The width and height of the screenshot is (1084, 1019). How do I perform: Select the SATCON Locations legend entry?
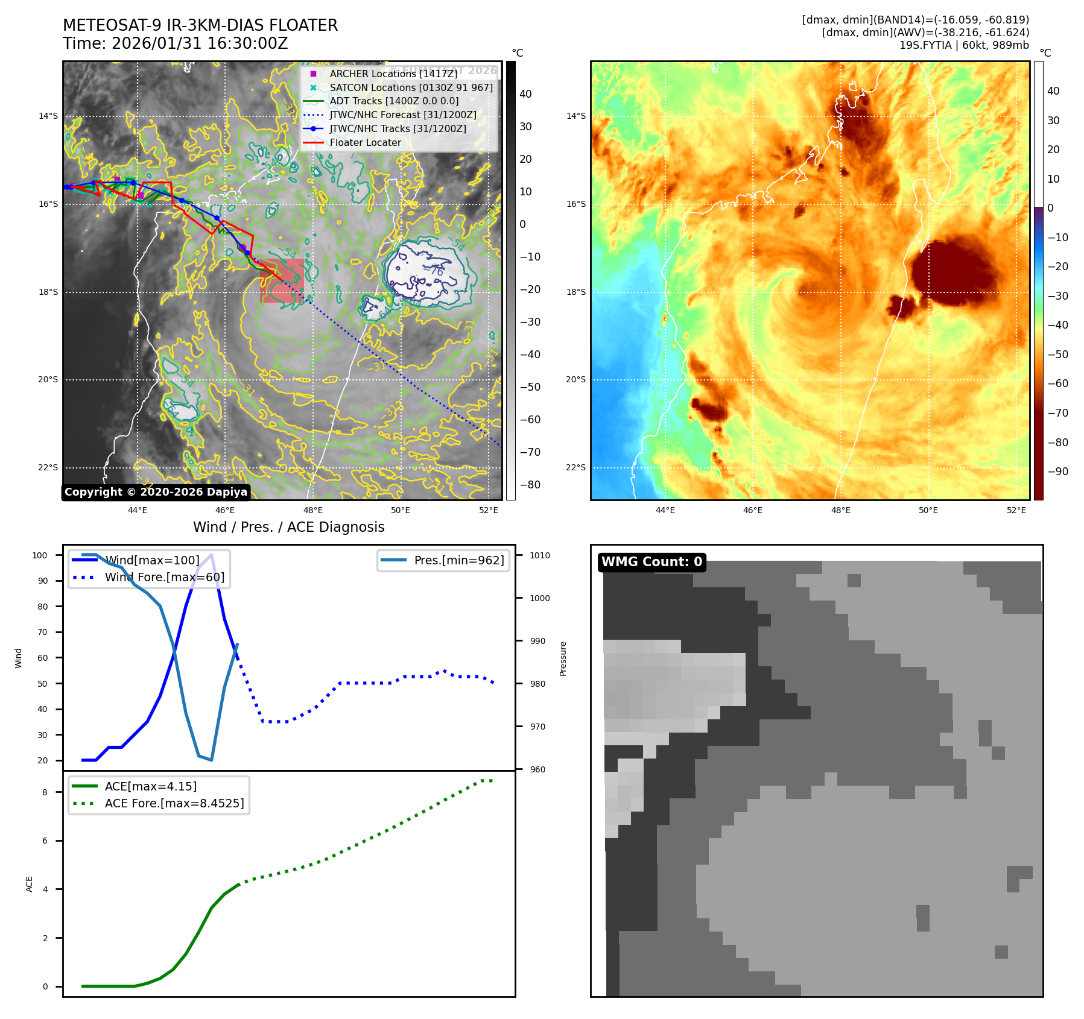coord(411,87)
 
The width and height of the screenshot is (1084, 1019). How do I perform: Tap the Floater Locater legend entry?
coord(365,142)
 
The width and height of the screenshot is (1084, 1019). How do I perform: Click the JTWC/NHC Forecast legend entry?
coord(402,115)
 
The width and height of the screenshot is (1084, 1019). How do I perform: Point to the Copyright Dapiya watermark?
coord(156,492)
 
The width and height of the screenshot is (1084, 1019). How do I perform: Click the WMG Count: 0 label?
coord(651,562)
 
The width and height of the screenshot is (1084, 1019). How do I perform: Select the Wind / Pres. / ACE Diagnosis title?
coord(288,527)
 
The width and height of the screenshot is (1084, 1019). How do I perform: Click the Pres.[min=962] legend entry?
coord(458,560)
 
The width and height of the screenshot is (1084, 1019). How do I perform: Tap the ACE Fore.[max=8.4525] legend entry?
coord(174,803)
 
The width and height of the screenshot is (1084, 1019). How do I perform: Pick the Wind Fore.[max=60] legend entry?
coord(164,577)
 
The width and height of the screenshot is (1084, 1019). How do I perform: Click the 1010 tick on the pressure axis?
coord(540,555)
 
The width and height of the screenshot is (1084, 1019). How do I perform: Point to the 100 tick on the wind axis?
coord(40,555)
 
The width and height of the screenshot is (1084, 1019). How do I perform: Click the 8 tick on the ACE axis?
coord(45,792)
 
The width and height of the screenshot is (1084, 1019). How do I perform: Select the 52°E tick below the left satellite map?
coord(489,510)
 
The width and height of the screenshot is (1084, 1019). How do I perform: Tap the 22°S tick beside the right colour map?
coord(575,467)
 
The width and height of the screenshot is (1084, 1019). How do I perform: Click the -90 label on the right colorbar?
coord(1057,472)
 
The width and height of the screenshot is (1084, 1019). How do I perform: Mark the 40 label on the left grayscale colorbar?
coord(525,94)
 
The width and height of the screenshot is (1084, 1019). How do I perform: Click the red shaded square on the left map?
coord(282,280)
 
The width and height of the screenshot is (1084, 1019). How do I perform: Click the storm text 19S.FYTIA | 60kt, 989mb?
coord(964,45)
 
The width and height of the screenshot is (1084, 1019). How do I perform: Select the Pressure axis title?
coord(563,658)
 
